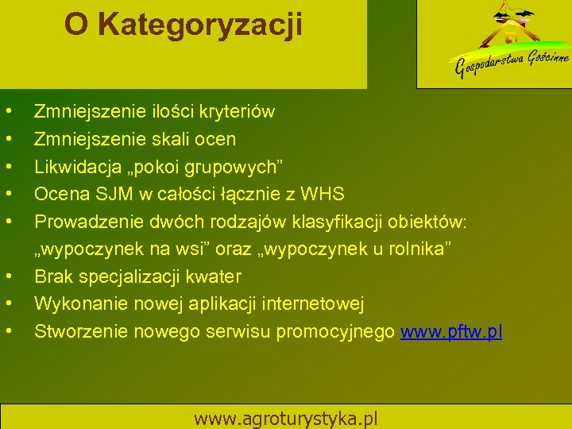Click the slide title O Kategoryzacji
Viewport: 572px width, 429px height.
(184, 25)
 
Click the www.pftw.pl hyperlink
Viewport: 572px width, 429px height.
(451, 331)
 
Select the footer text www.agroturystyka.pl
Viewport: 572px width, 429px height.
(286, 418)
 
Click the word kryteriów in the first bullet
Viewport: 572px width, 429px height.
(234, 111)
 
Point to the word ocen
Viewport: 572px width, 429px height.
(217, 139)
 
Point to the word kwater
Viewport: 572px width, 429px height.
(216, 276)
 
